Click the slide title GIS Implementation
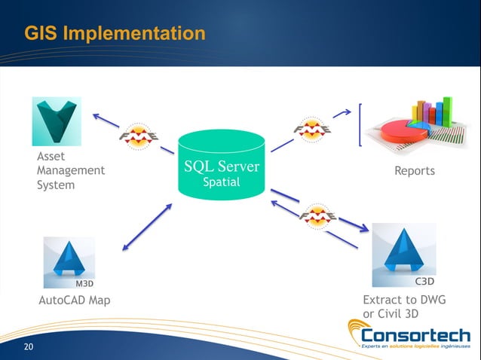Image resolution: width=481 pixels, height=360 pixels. click(x=115, y=34)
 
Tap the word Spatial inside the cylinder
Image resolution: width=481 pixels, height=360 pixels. click(x=222, y=183)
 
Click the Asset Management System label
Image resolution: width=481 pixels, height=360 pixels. click(x=70, y=170)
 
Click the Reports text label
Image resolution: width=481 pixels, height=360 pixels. click(x=415, y=171)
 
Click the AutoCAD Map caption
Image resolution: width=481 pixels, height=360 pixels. click(x=74, y=301)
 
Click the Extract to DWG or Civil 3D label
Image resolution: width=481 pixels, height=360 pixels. click(x=405, y=307)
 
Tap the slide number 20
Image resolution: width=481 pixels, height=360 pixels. click(x=29, y=346)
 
